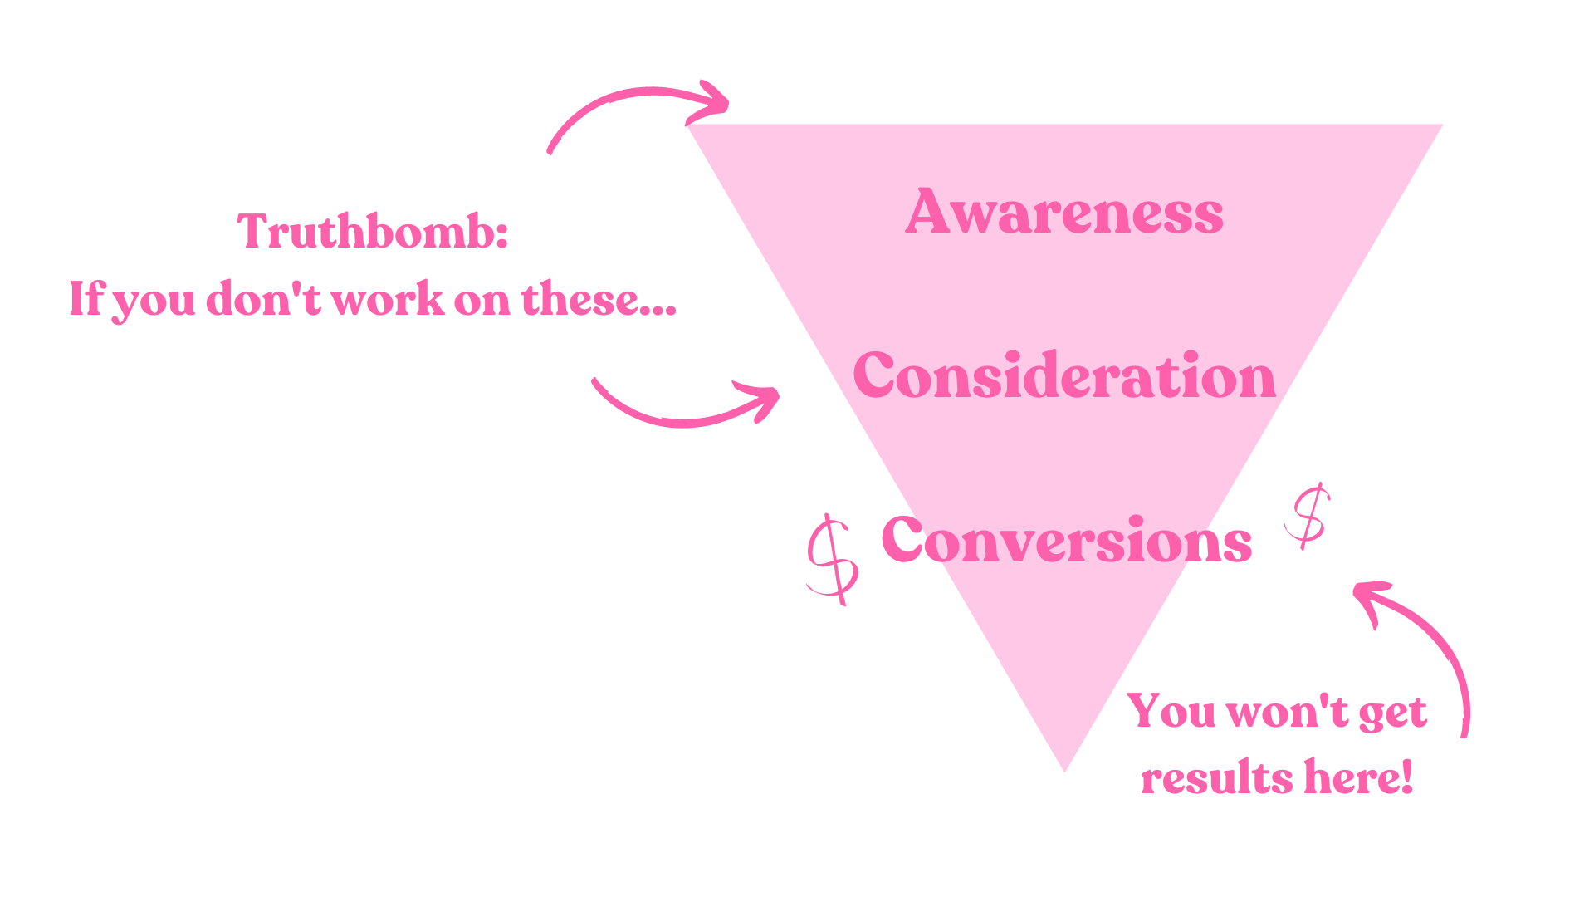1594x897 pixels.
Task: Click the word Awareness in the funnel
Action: [1063, 212]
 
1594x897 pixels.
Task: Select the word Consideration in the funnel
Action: [1063, 375]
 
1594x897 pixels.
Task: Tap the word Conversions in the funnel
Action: [1066, 540]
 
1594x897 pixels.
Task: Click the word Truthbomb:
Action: [372, 231]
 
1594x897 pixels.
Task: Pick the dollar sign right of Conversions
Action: [1308, 515]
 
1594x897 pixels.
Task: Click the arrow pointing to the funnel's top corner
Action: [639, 108]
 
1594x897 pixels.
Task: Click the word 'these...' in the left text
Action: [598, 299]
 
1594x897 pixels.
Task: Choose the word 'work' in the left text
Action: [388, 299]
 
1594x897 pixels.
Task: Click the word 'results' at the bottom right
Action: [1216, 779]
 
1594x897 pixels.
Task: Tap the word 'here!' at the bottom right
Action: [1358, 777]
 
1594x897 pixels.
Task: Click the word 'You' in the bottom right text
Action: [1171, 712]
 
